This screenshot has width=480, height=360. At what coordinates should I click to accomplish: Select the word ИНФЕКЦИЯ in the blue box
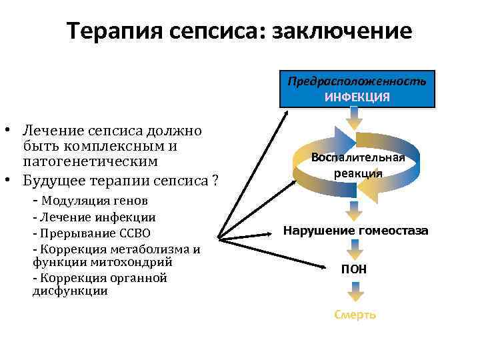(357, 97)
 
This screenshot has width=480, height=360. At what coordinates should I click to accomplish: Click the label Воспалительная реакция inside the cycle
(357, 165)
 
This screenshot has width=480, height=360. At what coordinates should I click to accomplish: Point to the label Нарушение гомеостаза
(356, 231)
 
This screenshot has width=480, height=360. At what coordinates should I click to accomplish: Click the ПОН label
(354, 269)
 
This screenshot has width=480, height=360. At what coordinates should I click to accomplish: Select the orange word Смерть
(355, 315)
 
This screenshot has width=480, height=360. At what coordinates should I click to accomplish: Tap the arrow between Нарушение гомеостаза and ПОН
(355, 250)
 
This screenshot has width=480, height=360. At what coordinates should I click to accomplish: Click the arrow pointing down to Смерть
(355, 291)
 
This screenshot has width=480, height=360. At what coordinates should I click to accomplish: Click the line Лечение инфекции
(97, 217)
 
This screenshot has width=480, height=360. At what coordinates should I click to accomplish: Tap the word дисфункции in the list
(69, 291)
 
